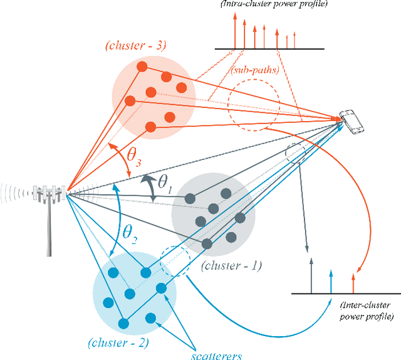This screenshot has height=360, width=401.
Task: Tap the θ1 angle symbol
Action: point(165,183)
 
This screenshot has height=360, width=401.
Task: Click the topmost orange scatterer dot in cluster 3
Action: point(142,66)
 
